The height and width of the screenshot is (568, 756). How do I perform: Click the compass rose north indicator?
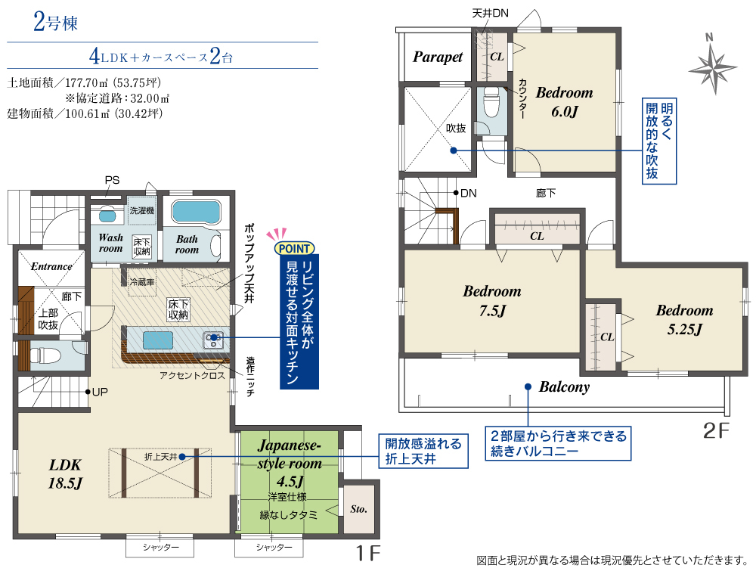[x=713, y=64]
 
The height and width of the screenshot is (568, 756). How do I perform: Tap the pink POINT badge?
[x=294, y=248]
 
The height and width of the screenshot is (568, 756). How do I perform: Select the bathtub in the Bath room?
[x=196, y=213]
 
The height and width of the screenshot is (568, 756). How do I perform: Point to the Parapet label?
[x=437, y=57]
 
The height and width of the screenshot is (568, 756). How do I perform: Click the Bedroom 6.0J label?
[x=564, y=102]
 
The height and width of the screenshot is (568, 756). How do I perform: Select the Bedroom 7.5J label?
[x=492, y=300]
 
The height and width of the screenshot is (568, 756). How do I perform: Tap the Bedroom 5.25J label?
[x=684, y=320]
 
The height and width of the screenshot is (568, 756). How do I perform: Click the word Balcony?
[x=564, y=386]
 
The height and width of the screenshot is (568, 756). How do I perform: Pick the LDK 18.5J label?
[x=65, y=474]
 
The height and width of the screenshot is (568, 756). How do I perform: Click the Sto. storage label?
[x=358, y=509]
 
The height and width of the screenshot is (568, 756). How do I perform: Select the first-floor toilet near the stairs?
[x=45, y=356]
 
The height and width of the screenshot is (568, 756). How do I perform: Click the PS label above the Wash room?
[x=112, y=180]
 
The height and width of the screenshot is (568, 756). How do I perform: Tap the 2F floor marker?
[x=716, y=430]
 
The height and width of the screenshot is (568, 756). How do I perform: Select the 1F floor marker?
[x=368, y=553]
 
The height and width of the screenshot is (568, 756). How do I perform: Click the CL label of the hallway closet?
[x=537, y=236]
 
